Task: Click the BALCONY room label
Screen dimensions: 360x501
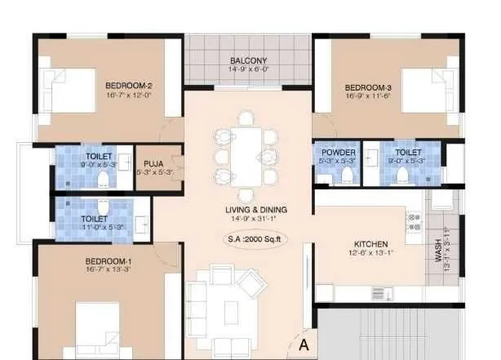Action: (x=248, y=60)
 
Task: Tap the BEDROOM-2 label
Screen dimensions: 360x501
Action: (x=129, y=85)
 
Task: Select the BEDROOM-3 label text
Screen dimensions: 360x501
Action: (x=368, y=87)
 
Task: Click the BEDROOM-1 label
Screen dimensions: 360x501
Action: (x=109, y=262)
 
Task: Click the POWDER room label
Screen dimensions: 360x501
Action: (x=338, y=153)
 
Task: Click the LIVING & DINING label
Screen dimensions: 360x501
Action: (x=256, y=210)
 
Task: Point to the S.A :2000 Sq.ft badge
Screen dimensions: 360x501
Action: (x=257, y=240)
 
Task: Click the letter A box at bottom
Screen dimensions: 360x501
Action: (x=304, y=344)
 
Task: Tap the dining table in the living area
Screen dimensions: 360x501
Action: (x=246, y=156)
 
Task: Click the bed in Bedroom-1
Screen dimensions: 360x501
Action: (x=104, y=331)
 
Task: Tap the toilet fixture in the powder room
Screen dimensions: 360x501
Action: (x=347, y=176)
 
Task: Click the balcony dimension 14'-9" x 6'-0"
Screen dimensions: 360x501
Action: (x=248, y=69)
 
